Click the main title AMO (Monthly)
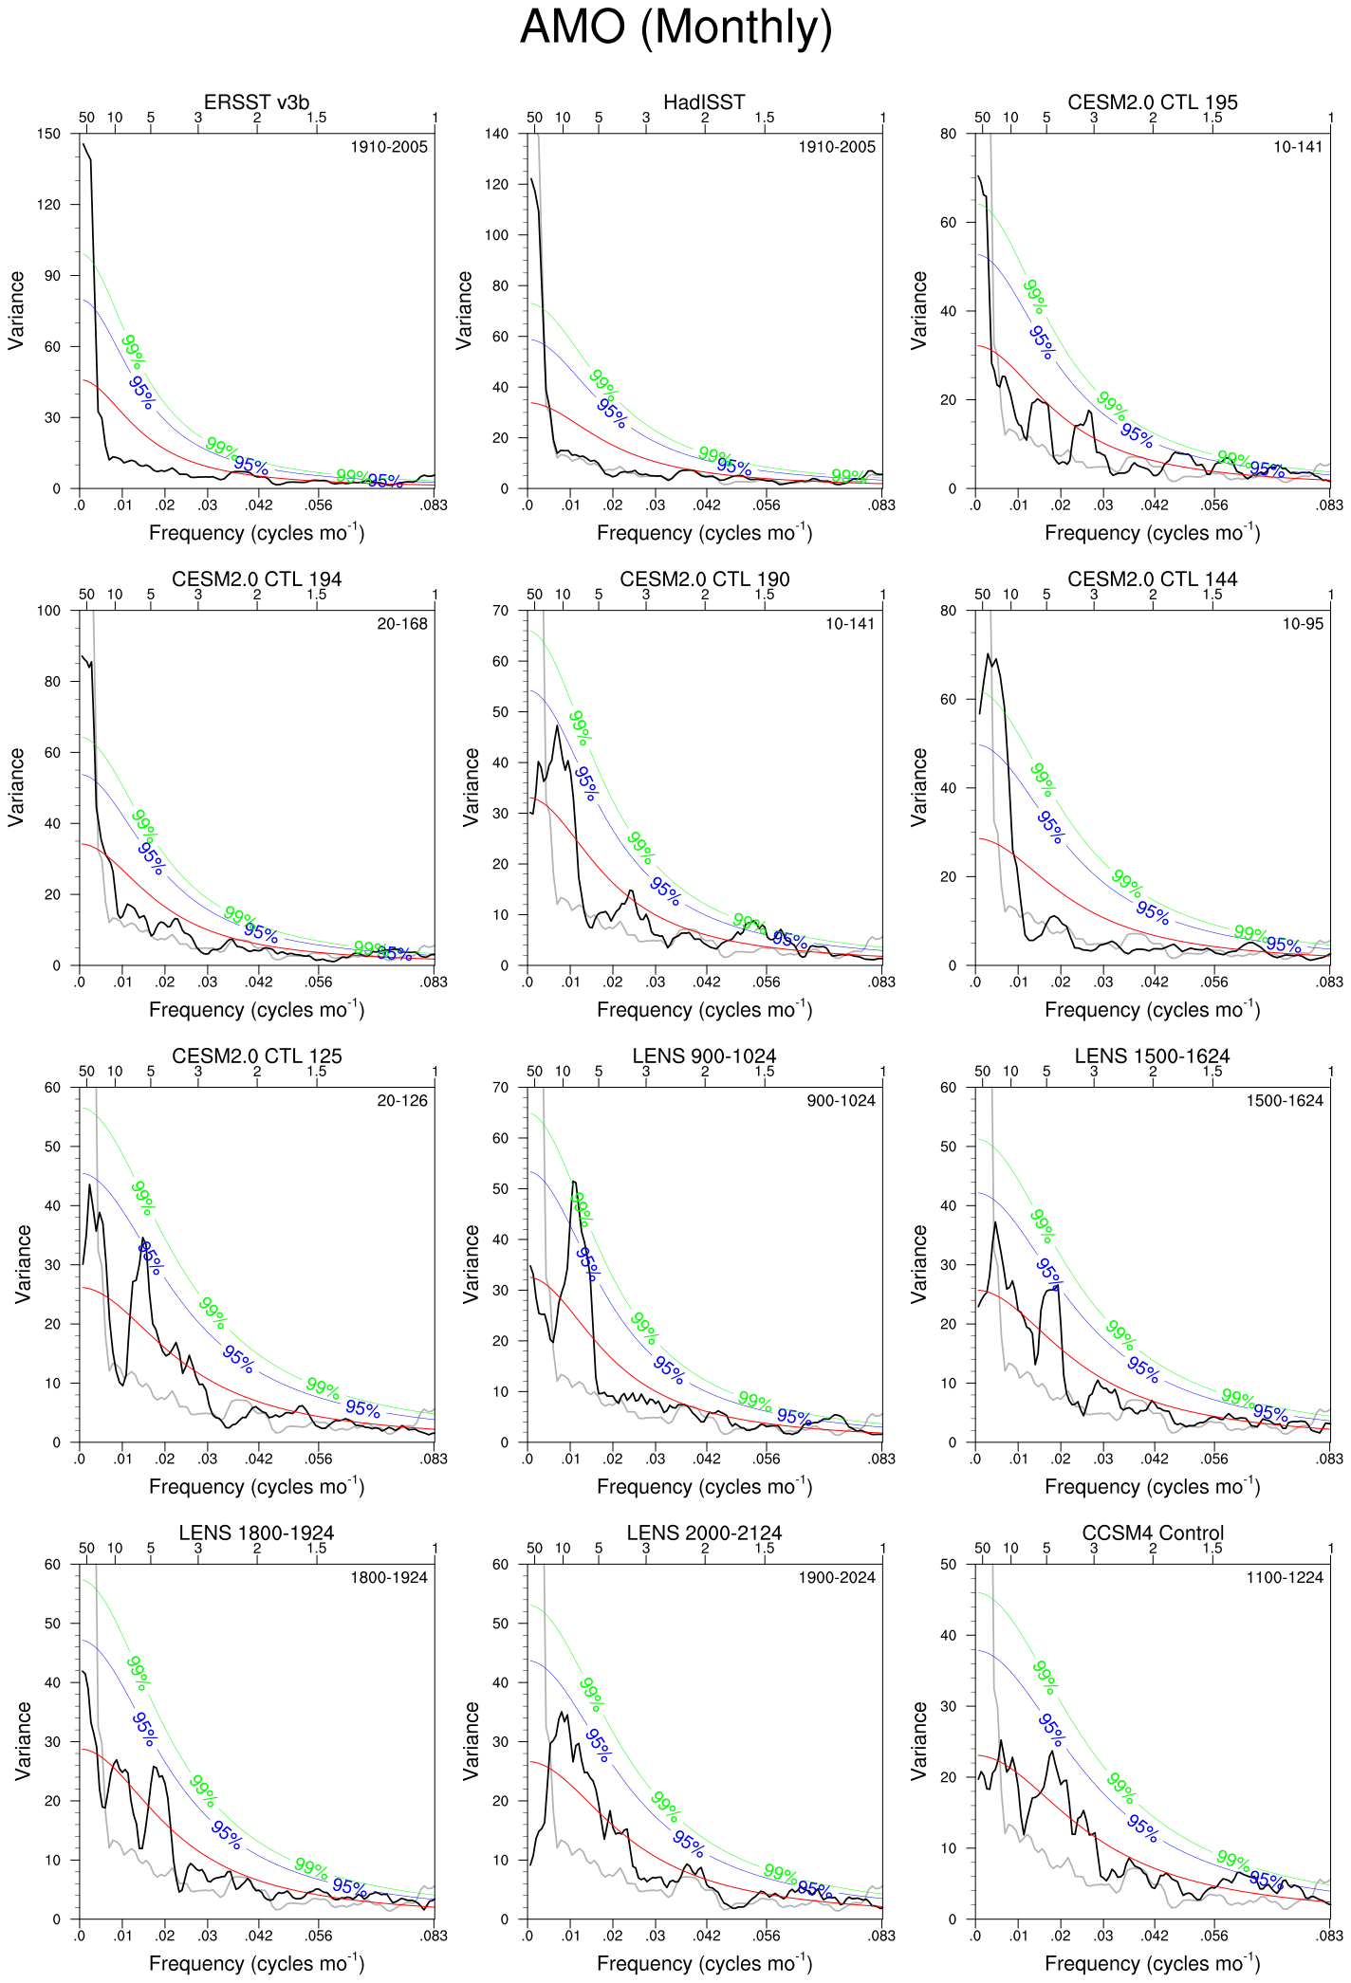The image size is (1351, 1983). [x=675, y=28]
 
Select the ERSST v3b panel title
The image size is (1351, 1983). [x=256, y=102]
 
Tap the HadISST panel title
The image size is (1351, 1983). [x=704, y=102]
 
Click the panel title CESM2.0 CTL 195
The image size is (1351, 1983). [x=1152, y=102]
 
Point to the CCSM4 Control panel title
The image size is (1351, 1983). [x=1152, y=1533]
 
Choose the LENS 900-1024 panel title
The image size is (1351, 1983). [x=704, y=1056]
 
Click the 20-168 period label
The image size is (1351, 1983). [x=402, y=624]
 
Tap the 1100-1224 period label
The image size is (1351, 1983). [x=1285, y=1578]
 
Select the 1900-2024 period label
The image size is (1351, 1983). [x=837, y=1578]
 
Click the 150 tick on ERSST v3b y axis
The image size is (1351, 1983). [x=49, y=134]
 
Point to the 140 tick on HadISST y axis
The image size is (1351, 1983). [x=497, y=134]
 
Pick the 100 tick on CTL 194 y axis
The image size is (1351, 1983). [x=49, y=611]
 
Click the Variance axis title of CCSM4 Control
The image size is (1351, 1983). [x=918, y=1740]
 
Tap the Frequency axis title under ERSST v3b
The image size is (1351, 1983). [x=256, y=533]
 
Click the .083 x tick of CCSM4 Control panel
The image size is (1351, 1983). [x=1330, y=1936]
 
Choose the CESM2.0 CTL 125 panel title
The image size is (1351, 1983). [x=256, y=1056]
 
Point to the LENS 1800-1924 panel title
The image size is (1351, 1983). [x=256, y=1533]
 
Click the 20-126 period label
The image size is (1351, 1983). [x=402, y=1101]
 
